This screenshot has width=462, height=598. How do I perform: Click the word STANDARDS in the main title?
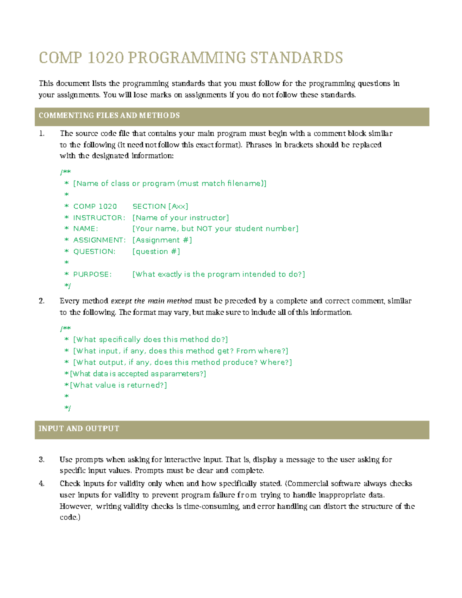pos(296,58)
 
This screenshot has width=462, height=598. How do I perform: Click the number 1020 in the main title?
pos(105,58)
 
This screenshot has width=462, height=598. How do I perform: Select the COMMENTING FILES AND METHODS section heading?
pos(109,116)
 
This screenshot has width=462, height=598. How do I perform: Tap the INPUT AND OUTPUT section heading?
pos(79,429)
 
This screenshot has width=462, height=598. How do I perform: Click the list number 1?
pos(42,134)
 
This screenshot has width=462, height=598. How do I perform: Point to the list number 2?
pos(42,301)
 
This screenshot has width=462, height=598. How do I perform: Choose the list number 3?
pos(42,459)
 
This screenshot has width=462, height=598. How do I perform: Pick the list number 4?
pos(42,484)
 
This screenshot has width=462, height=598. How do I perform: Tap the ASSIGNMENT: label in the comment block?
pos(99,240)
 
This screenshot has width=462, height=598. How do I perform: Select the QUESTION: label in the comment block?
pos(94,252)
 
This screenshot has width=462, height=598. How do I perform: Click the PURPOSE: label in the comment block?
pos(92,275)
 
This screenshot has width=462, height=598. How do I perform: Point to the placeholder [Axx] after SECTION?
pos(178,206)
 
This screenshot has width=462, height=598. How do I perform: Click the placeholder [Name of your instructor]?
pos(181,218)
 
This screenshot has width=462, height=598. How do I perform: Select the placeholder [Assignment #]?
pos(162,240)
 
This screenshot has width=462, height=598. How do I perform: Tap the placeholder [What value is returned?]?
pos(118,385)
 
